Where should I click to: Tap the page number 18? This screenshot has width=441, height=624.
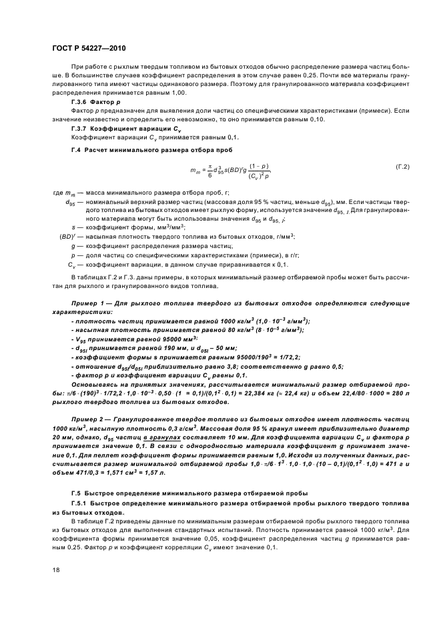pyautogui.click(x=55, y=570)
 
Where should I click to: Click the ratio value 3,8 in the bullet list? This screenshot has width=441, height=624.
pyautogui.click(x=207, y=366)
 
